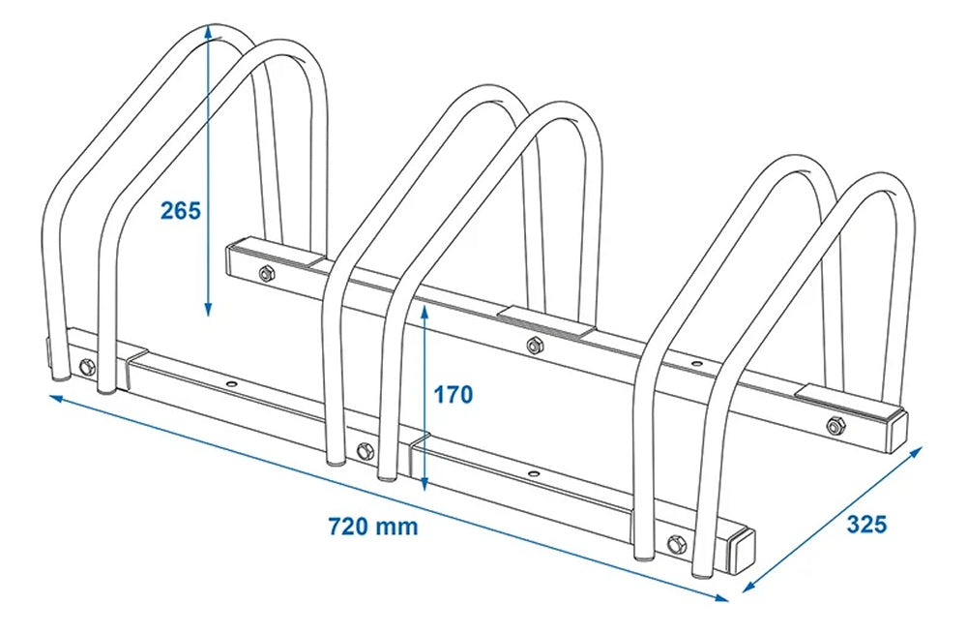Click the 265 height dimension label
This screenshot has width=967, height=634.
point(181,209)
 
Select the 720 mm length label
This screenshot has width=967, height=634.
point(372,527)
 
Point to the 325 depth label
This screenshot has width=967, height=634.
point(866,525)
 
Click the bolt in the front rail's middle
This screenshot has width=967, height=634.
point(364,450)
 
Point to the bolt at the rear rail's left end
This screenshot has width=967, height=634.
point(266,274)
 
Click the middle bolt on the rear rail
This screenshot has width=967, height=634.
point(533,346)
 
